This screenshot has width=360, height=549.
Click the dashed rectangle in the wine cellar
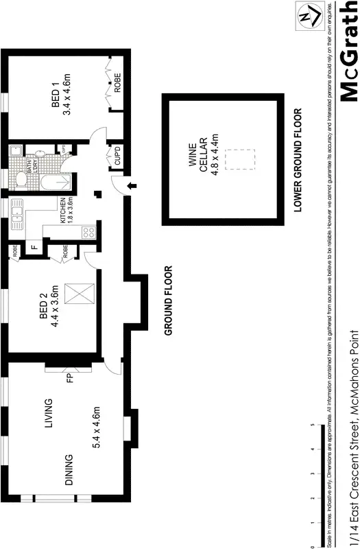(239, 160)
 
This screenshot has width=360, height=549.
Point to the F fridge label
(32, 248)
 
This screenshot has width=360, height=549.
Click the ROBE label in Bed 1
(118, 82)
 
